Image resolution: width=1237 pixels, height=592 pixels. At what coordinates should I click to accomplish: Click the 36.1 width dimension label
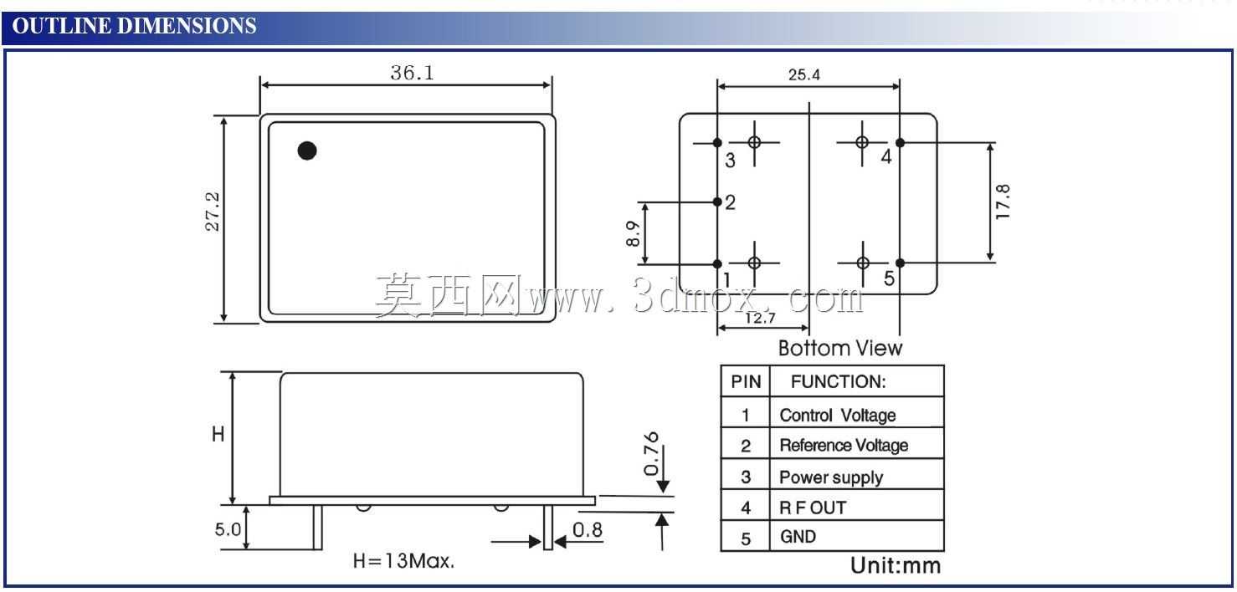(412, 73)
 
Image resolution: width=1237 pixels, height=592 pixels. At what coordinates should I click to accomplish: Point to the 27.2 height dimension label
(213, 212)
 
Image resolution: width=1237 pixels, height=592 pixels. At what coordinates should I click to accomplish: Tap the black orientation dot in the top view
(307, 151)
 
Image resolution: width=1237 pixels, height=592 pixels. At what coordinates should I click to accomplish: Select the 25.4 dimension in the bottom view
(804, 74)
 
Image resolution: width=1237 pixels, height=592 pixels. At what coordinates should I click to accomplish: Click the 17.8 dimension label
(1003, 202)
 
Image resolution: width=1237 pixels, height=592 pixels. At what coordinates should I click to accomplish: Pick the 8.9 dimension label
(633, 233)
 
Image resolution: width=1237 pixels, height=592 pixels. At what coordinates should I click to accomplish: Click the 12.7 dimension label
(760, 318)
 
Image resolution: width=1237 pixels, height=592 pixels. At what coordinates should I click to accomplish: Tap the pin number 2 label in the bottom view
(730, 202)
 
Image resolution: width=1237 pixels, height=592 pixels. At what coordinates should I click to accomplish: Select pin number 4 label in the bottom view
(886, 156)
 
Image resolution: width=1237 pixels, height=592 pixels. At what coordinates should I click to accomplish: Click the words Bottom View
(840, 348)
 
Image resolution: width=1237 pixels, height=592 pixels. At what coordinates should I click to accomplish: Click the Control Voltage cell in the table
(837, 416)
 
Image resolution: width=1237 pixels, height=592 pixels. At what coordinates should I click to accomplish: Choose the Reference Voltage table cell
(844, 445)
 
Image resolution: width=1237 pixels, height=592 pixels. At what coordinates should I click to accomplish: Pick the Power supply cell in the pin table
(831, 477)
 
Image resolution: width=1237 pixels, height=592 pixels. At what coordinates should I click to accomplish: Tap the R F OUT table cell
(813, 508)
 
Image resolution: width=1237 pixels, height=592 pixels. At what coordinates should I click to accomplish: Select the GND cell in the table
(798, 536)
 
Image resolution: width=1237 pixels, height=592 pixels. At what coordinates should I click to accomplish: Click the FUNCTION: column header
(839, 382)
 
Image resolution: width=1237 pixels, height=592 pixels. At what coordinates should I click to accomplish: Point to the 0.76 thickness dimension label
(652, 453)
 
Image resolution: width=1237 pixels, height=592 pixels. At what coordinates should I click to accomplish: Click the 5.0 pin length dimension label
(228, 529)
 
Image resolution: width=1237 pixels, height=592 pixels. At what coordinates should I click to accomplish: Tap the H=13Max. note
(403, 561)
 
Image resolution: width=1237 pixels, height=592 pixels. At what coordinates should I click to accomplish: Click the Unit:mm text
(896, 565)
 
